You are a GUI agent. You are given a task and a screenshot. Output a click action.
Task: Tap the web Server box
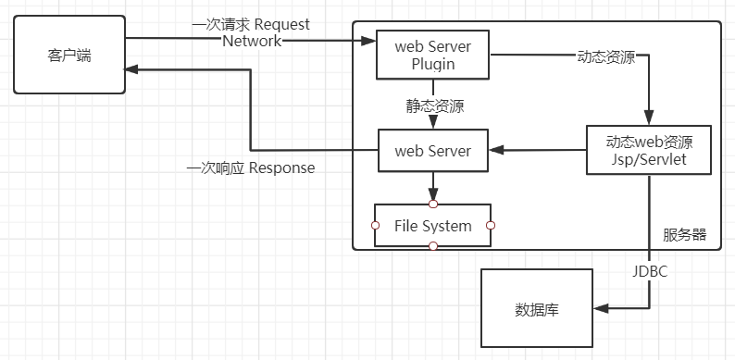432,151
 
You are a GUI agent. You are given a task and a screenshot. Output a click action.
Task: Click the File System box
432,225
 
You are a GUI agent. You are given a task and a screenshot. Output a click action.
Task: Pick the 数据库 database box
536,308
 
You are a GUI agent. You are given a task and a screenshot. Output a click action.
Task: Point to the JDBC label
649,273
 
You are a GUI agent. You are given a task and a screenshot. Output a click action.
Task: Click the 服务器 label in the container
685,235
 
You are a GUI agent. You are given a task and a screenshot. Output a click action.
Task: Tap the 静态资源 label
433,106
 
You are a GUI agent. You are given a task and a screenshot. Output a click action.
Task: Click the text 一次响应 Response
250,168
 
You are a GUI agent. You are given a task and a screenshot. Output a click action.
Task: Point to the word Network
252,42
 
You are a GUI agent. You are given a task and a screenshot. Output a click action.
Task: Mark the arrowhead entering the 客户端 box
132,70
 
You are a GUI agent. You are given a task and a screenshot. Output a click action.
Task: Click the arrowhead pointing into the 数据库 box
599,308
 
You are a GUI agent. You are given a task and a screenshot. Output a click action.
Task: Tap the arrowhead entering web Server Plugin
369,41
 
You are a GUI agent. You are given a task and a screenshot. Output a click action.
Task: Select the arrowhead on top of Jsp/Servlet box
649,118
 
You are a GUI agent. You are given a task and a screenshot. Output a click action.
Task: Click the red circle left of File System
375,225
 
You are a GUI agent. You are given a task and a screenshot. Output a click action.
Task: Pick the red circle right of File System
491,225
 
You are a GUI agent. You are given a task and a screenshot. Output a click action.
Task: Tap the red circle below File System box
432,246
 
